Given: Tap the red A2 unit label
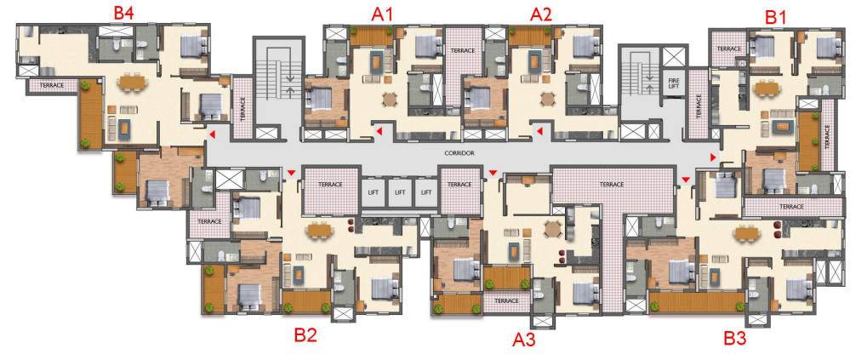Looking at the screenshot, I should coord(541,14).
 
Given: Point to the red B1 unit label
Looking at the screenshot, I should coord(775,15).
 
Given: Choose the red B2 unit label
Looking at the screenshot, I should coord(305,334).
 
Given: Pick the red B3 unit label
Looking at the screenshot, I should coord(734,338).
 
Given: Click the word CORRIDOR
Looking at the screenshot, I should coord(459,153).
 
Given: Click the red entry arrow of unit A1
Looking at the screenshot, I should coord(378,132).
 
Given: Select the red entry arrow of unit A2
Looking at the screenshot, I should coord(539,132).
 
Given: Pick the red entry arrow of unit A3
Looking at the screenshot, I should coord(493,173).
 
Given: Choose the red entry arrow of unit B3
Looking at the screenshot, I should coord(686,178).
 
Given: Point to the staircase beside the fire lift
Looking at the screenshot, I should coord(637,82).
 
